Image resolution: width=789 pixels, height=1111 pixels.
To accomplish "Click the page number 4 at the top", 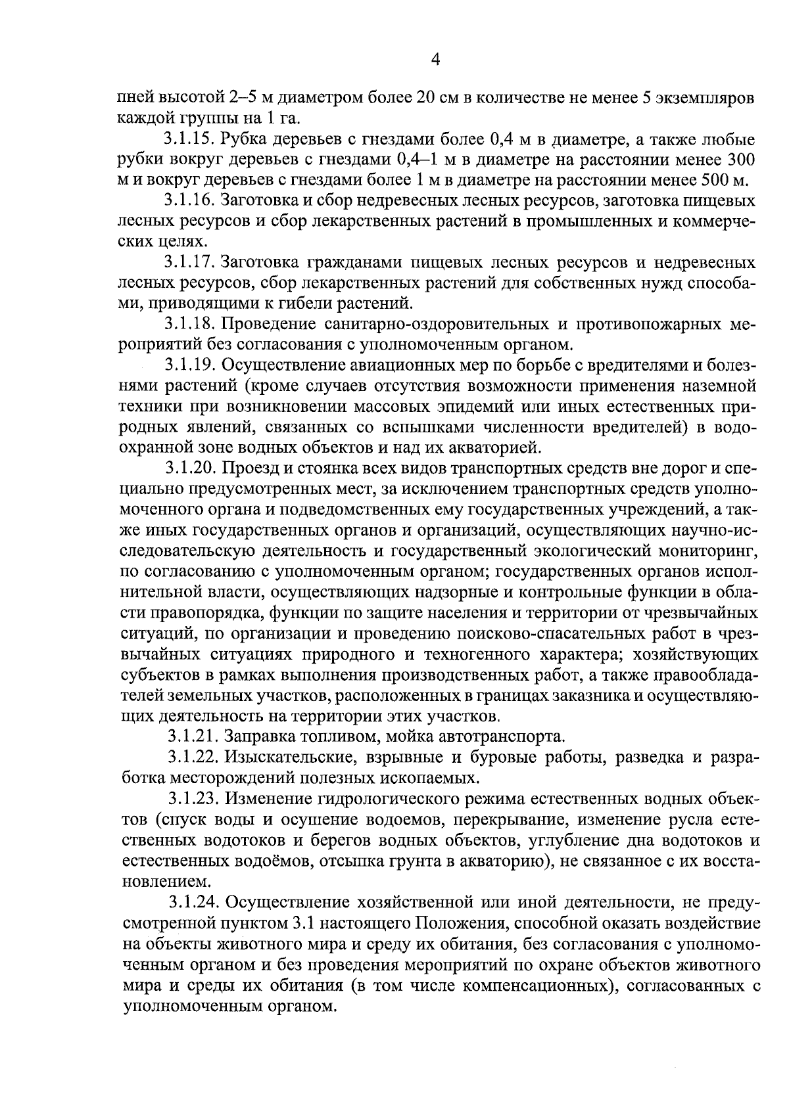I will (435, 60).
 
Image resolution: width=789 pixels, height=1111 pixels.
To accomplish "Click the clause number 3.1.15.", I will (188, 140).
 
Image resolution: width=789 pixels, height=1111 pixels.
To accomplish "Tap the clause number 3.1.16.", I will (189, 202).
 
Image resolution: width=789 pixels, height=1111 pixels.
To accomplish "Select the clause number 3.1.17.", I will (189, 263).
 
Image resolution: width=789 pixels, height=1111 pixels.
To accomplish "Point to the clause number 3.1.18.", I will (189, 325).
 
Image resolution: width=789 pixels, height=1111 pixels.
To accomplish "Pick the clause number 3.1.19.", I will (190, 366).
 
